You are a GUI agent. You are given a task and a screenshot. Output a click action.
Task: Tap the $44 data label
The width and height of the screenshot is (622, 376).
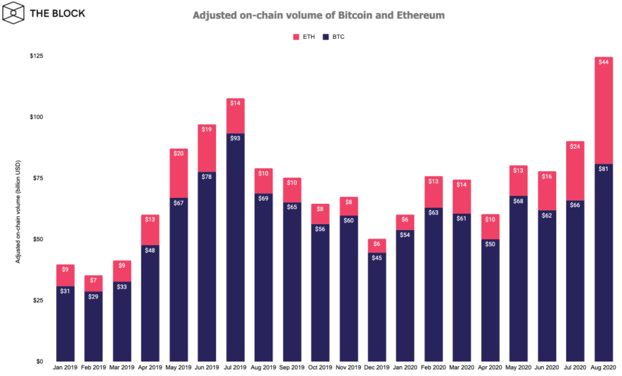pos(603,62)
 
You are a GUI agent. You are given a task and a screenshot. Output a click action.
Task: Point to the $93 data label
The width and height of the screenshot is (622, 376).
pos(235,138)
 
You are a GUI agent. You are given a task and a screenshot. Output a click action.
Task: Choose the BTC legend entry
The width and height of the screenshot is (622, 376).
pos(334,37)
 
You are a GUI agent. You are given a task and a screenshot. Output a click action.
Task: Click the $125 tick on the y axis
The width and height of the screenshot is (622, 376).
pos(36,56)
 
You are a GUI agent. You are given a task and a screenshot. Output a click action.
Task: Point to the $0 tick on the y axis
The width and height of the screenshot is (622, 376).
pos(39,361)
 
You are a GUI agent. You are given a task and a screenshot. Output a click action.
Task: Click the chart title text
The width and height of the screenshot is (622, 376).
pos(318,15)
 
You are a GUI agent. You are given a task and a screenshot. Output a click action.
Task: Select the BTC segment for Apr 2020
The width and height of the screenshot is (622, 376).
pos(490,304)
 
